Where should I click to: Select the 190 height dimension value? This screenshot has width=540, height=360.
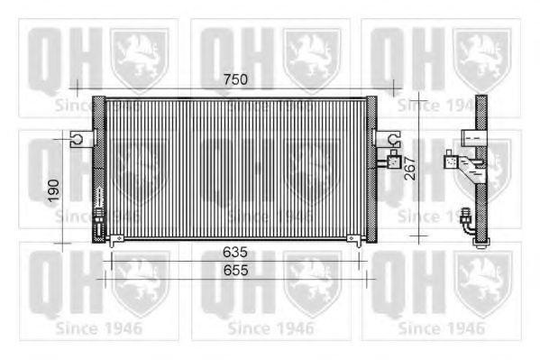click(53, 190)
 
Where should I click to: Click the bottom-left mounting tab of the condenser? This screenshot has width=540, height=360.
click(114, 242)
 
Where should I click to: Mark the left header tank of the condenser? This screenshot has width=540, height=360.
click(98, 169)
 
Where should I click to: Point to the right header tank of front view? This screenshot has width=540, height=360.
click(371, 169)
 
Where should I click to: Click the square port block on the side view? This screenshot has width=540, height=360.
click(452, 163)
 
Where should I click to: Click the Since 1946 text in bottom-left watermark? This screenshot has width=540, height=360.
click(96, 328)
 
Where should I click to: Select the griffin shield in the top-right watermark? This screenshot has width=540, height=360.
click(482, 55)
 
